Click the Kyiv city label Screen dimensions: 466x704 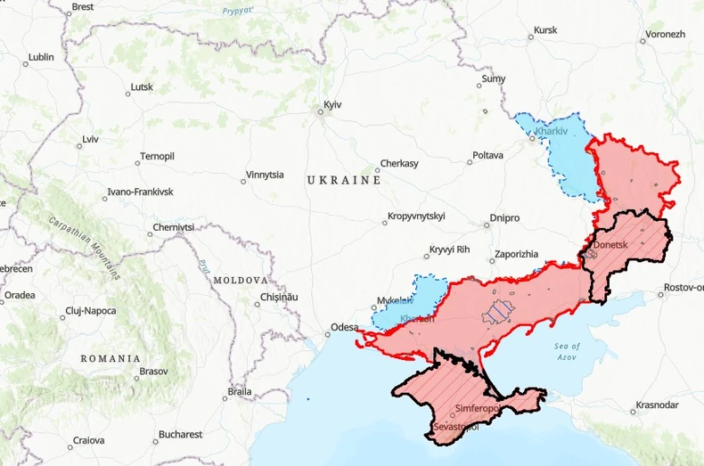(332, 105)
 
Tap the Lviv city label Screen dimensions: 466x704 (90, 140)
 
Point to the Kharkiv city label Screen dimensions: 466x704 (551, 133)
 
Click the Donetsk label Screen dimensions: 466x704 (611, 244)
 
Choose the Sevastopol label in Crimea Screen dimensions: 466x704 (455, 428)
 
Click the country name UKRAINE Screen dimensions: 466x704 (344, 180)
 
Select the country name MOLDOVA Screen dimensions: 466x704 (241, 280)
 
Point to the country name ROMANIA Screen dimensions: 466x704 (111, 357)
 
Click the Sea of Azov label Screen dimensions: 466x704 (567, 351)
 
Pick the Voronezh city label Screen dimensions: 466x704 (664, 34)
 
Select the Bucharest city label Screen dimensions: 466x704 (181, 435)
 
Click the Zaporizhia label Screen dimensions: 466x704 (516, 254)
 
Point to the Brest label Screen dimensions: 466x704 (82, 7)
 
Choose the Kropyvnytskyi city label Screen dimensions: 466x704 (415, 217)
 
